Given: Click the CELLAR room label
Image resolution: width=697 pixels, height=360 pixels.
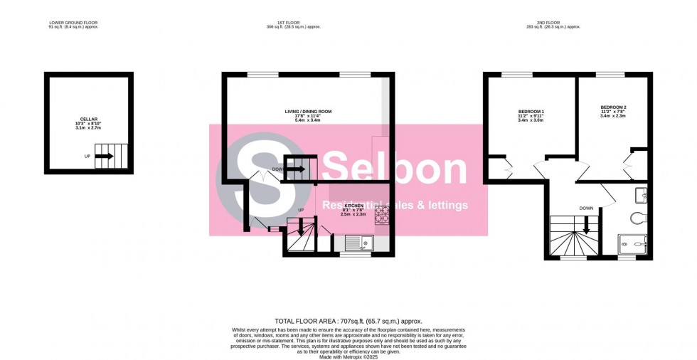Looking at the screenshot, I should click(x=89, y=120).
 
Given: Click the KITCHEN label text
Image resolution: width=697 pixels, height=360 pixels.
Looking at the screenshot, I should click(x=353, y=206).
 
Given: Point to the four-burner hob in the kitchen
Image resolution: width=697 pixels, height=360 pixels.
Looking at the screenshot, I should click(x=381, y=214).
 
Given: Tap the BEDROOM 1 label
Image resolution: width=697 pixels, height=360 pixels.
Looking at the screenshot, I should click(x=531, y=112).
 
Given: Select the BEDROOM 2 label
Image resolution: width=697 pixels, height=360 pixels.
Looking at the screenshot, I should click(x=613, y=107).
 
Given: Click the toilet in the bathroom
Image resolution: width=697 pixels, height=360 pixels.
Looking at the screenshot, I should click(x=638, y=218).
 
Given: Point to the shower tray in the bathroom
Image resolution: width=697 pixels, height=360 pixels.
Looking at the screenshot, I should click(x=634, y=245).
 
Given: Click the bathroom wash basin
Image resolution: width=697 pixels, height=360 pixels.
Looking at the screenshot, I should click(x=642, y=194).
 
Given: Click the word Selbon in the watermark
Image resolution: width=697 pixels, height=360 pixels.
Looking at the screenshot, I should click(x=395, y=169).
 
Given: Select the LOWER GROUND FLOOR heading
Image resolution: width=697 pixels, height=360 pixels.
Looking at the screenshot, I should click(x=73, y=23).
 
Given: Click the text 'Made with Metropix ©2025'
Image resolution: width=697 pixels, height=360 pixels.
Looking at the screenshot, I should click(x=348, y=355).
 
